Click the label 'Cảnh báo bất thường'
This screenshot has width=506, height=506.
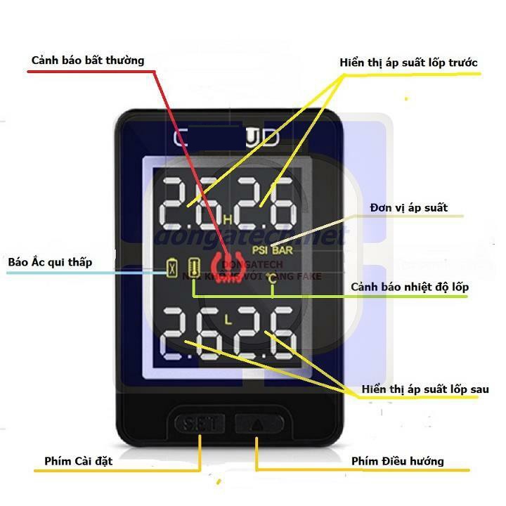pos(88,60)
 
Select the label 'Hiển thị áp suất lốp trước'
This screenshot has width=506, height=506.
pos(408,63)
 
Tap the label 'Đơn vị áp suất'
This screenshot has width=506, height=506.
pos(408,208)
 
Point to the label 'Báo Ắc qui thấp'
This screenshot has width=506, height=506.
pos(51,262)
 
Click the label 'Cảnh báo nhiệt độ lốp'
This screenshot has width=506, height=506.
pos(410,287)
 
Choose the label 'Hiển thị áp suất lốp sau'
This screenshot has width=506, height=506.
pos(425,389)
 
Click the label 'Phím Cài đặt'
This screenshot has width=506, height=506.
pos(78,462)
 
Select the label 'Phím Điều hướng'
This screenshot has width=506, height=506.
pos(397,462)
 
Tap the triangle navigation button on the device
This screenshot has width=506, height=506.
pos(258,424)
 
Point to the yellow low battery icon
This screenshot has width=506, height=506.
pos(171,269)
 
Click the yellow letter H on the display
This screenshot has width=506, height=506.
pos(227,220)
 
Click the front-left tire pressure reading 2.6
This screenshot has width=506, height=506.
pos(188,202)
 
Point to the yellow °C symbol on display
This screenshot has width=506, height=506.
pos(273,286)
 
